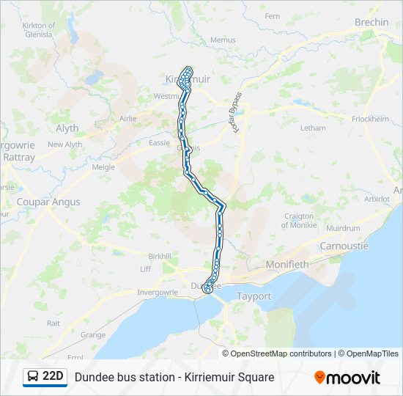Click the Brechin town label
371,23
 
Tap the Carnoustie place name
344,246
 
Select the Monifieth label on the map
287,263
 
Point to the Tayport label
254,296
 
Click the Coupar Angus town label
48,202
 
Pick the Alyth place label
67,128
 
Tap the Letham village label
313,128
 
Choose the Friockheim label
370,118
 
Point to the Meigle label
103,167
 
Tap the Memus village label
223,40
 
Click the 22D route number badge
53,377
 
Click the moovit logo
347,378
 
